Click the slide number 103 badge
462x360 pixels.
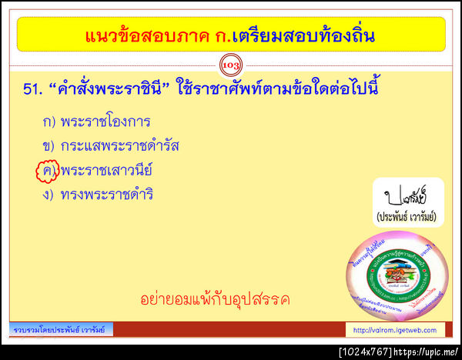(231, 66)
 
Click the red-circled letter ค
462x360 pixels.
(48, 170)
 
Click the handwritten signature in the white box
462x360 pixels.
(405, 192)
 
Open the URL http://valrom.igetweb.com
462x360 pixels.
(394, 331)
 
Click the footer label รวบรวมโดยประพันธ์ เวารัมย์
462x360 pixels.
(62, 331)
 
